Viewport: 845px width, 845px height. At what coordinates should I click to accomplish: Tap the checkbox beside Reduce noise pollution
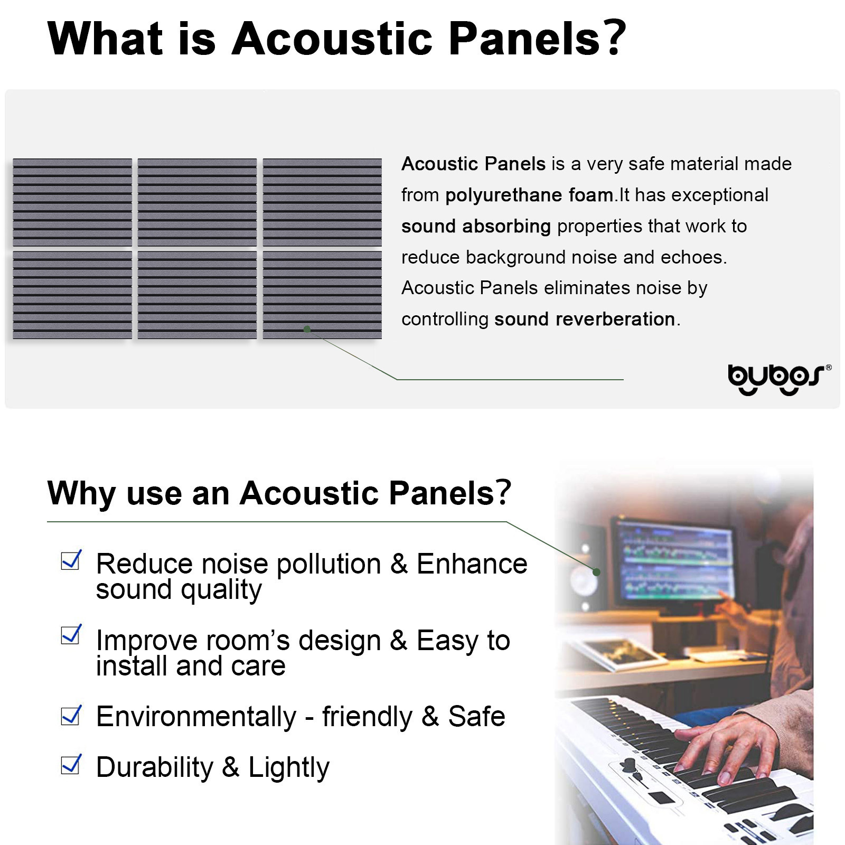[71, 560]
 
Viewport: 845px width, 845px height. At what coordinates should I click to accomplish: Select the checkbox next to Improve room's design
[71, 634]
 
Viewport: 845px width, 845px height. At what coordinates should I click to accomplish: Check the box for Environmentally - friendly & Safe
[71, 715]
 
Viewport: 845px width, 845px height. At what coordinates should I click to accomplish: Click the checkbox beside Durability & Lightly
[71, 764]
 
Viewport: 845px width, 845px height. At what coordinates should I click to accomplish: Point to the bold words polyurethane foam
[529, 195]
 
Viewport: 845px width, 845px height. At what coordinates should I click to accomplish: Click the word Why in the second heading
[81, 493]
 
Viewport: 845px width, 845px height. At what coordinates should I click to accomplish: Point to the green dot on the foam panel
[307, 329]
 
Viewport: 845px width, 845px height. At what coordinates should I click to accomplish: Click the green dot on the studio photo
[596, 572]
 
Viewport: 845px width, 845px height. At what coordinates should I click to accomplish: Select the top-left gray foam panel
[72, 202]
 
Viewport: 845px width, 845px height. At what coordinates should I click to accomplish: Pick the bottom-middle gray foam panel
[197, 295]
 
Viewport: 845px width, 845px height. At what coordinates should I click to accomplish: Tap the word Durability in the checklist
[154, 767]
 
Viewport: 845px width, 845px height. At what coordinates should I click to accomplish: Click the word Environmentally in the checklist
[196, 717]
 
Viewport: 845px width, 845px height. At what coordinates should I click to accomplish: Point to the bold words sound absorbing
[476, 226]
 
